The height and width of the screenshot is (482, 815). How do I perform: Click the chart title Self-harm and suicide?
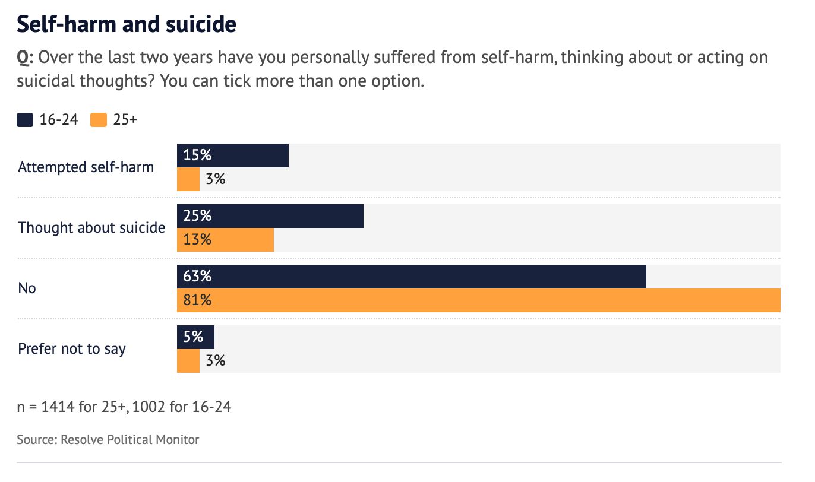click(x=127, y=25)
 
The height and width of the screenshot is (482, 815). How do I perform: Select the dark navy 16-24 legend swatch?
click(x=25, y=120)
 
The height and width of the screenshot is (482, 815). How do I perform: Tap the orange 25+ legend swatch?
click(x=99, y=120)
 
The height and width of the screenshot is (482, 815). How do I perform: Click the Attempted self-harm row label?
click(x=86, y=167)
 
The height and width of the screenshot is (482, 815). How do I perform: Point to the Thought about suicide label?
click(x=91, y=228)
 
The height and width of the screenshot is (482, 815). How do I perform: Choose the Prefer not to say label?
click(x=72, y=349)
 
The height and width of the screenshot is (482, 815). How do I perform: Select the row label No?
click(x=27, y=288)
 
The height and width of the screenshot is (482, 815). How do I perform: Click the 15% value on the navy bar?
click(x=197, y=156)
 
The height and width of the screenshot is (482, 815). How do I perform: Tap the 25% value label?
click(x=197, y=216)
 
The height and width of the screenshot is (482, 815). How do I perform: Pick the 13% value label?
click(x=197, y=240)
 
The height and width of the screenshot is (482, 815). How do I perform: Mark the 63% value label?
click(x=197, y=277)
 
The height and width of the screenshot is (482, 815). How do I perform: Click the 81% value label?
click(x=197, y=300)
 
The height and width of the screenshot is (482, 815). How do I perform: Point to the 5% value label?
click(x=194, y=337)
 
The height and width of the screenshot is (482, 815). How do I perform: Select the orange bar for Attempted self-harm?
click(x=188, y=179)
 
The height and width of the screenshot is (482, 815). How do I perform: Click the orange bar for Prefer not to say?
click(x=188, y=361)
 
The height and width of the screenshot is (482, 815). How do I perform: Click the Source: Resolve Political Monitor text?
click(x=108, y=440)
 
